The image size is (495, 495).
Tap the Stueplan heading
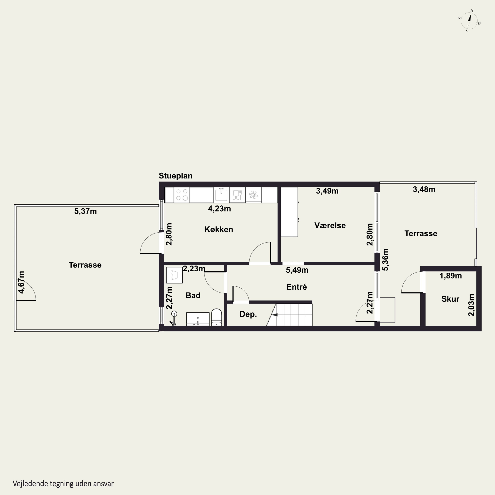coord(176,176)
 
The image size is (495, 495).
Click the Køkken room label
coord(219,229)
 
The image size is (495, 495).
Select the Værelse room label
coord(330,225)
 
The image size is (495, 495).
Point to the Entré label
coord(297,287)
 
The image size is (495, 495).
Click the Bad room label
coord(193,295)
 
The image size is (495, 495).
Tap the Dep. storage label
coord(248,314)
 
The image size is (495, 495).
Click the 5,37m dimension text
coord(86,211)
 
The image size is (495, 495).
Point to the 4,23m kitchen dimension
coord(219,209)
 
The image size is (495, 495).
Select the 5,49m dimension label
coord(297,270)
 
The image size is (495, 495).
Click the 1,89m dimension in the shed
coord(451,276)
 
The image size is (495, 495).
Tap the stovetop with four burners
coord(182,195)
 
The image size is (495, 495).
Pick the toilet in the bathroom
coord(216,317)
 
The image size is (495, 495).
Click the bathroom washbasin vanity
coord(198,319)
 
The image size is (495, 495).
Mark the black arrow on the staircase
coord(274,315)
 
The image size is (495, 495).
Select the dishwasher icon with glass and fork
coord(237,195)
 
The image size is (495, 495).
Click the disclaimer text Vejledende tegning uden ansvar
coord(63,483)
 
